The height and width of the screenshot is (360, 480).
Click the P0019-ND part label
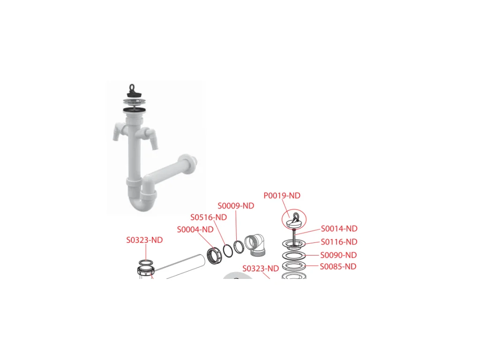point(282,195)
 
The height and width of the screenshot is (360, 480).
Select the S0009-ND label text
point(236,206)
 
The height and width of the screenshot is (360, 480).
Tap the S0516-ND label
point(209,217)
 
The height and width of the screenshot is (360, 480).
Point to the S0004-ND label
point(195,229)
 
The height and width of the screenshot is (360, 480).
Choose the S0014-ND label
point(339,229)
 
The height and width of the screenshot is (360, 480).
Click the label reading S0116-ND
point(339,242)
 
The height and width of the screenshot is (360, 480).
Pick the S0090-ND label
point(338,255)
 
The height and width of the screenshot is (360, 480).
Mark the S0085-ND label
point(338,266)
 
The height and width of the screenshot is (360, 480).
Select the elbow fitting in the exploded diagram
point(255,244)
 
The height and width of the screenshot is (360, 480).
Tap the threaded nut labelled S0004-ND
point(213,255)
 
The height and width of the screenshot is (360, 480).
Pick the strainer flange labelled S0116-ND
point(294,244)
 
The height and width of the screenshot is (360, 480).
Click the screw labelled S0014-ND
point(294,236)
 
